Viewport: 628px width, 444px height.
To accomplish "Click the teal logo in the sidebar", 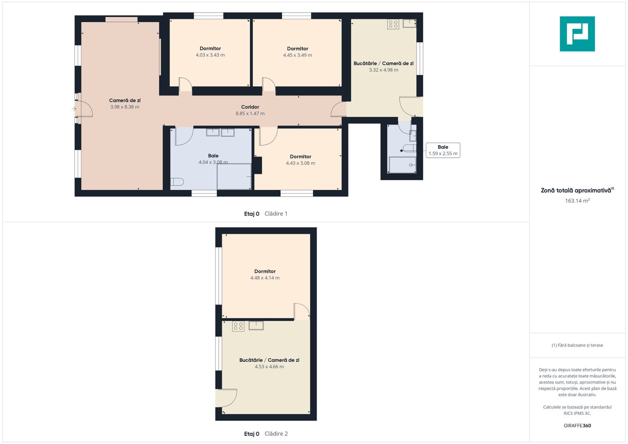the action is [577, 34].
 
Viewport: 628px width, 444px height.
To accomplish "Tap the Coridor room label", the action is [250, 107].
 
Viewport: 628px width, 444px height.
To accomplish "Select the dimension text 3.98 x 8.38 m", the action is [125, 107].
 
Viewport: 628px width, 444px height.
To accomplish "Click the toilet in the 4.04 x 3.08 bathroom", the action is [177, 182].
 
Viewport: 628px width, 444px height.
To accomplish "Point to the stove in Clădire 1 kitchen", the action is [393, 24].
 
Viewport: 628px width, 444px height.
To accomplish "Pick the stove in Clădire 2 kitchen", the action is [238, 326].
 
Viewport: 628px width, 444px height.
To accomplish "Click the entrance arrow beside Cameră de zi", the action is [74, 109].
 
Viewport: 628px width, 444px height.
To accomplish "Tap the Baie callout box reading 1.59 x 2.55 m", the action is [443, 150].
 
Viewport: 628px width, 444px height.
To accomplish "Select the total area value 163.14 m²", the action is [577, 201].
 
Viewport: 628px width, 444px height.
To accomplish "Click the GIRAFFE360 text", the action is [577, 425].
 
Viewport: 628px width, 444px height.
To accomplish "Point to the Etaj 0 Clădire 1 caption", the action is [266, 214].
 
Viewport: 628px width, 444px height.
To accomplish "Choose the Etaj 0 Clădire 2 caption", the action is [266, 434].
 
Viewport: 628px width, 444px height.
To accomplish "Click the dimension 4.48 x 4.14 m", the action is [265, 278].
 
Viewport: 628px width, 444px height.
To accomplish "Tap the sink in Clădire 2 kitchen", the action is [256, 326].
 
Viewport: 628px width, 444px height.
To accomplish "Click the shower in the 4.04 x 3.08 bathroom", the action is [234, 177].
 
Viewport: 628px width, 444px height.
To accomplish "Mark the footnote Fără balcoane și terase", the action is [577, 345].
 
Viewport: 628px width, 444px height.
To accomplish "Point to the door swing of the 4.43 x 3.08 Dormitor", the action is [268, 136].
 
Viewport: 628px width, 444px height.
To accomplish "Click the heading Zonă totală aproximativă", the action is [577, 190].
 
